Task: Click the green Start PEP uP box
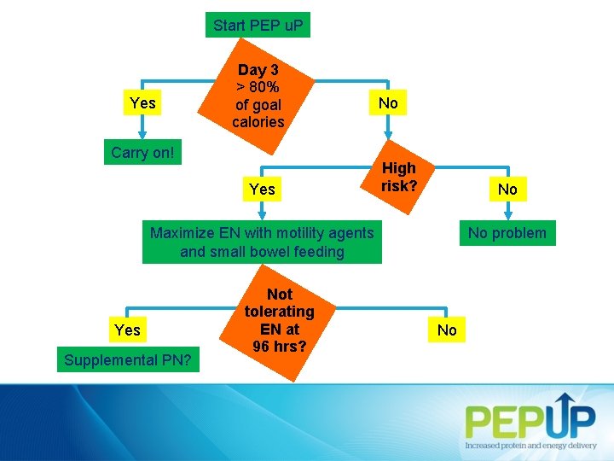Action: click(258, 26)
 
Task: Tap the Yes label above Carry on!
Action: click(142, 103)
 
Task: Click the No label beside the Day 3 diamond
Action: click(388, 103)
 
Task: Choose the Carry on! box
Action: click(142, 153)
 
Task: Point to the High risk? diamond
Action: click(398, 177)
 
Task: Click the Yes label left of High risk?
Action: click(262, 189)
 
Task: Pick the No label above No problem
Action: click(507, 189)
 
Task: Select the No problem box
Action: click(507, 232)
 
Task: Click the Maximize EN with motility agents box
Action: click(262, 242)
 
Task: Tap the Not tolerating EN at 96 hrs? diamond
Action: click(279, 320)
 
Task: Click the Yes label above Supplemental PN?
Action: click(127, 330)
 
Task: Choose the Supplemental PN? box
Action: click(127, 360)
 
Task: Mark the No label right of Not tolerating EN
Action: click(447, 330)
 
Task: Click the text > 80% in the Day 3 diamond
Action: click(258, 87)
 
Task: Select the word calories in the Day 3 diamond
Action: click(258, 122)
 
